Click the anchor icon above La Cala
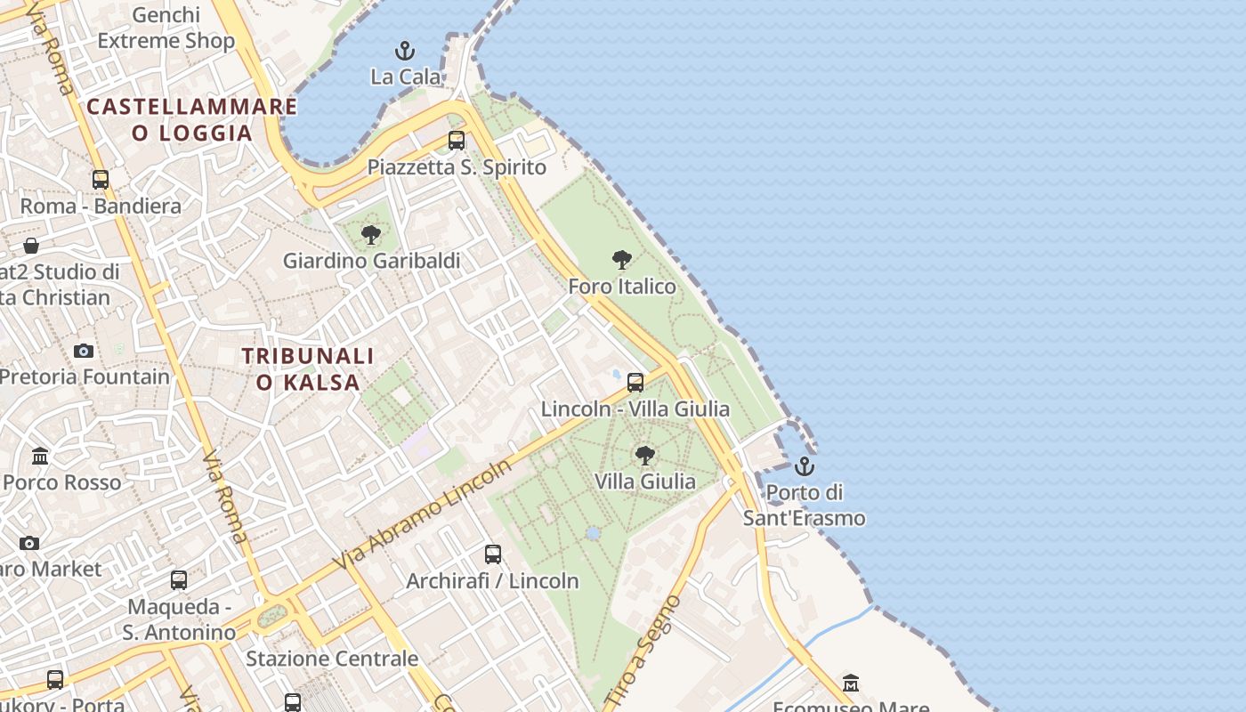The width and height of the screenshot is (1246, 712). tap(405, 50)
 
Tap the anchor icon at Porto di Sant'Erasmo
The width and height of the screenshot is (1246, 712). tap(805, 465)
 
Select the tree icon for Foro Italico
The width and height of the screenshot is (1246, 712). tap(622, 260)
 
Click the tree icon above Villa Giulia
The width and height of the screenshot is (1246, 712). tap(645, 456)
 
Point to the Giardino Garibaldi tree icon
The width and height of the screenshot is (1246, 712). tap(371, 235)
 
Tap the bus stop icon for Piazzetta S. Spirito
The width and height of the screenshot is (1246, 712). tap(457, 141)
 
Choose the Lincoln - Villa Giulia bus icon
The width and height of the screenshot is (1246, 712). tap(635, 383)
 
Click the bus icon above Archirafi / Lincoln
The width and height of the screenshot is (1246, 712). tap(493, 554)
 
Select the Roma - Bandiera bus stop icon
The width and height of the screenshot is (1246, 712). tap(101, 180)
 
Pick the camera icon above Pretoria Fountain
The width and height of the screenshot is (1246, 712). tap(84, 351)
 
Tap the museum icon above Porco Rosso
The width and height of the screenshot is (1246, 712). tap(40, 457)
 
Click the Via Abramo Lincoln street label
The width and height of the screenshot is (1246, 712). tap(424, 514)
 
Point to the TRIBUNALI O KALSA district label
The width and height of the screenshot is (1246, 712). tap(308, 369)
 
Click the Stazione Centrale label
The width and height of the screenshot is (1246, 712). tap(332, 659)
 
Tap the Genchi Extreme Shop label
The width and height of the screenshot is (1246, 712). tap(166, 28)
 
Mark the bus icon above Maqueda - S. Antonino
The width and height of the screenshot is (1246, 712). tap(179, 580)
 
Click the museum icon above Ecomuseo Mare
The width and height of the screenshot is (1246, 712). tap(851, 683)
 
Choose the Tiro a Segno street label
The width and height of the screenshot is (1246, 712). tap(653, 651)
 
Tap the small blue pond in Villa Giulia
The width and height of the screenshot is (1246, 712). tap(593, 533)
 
